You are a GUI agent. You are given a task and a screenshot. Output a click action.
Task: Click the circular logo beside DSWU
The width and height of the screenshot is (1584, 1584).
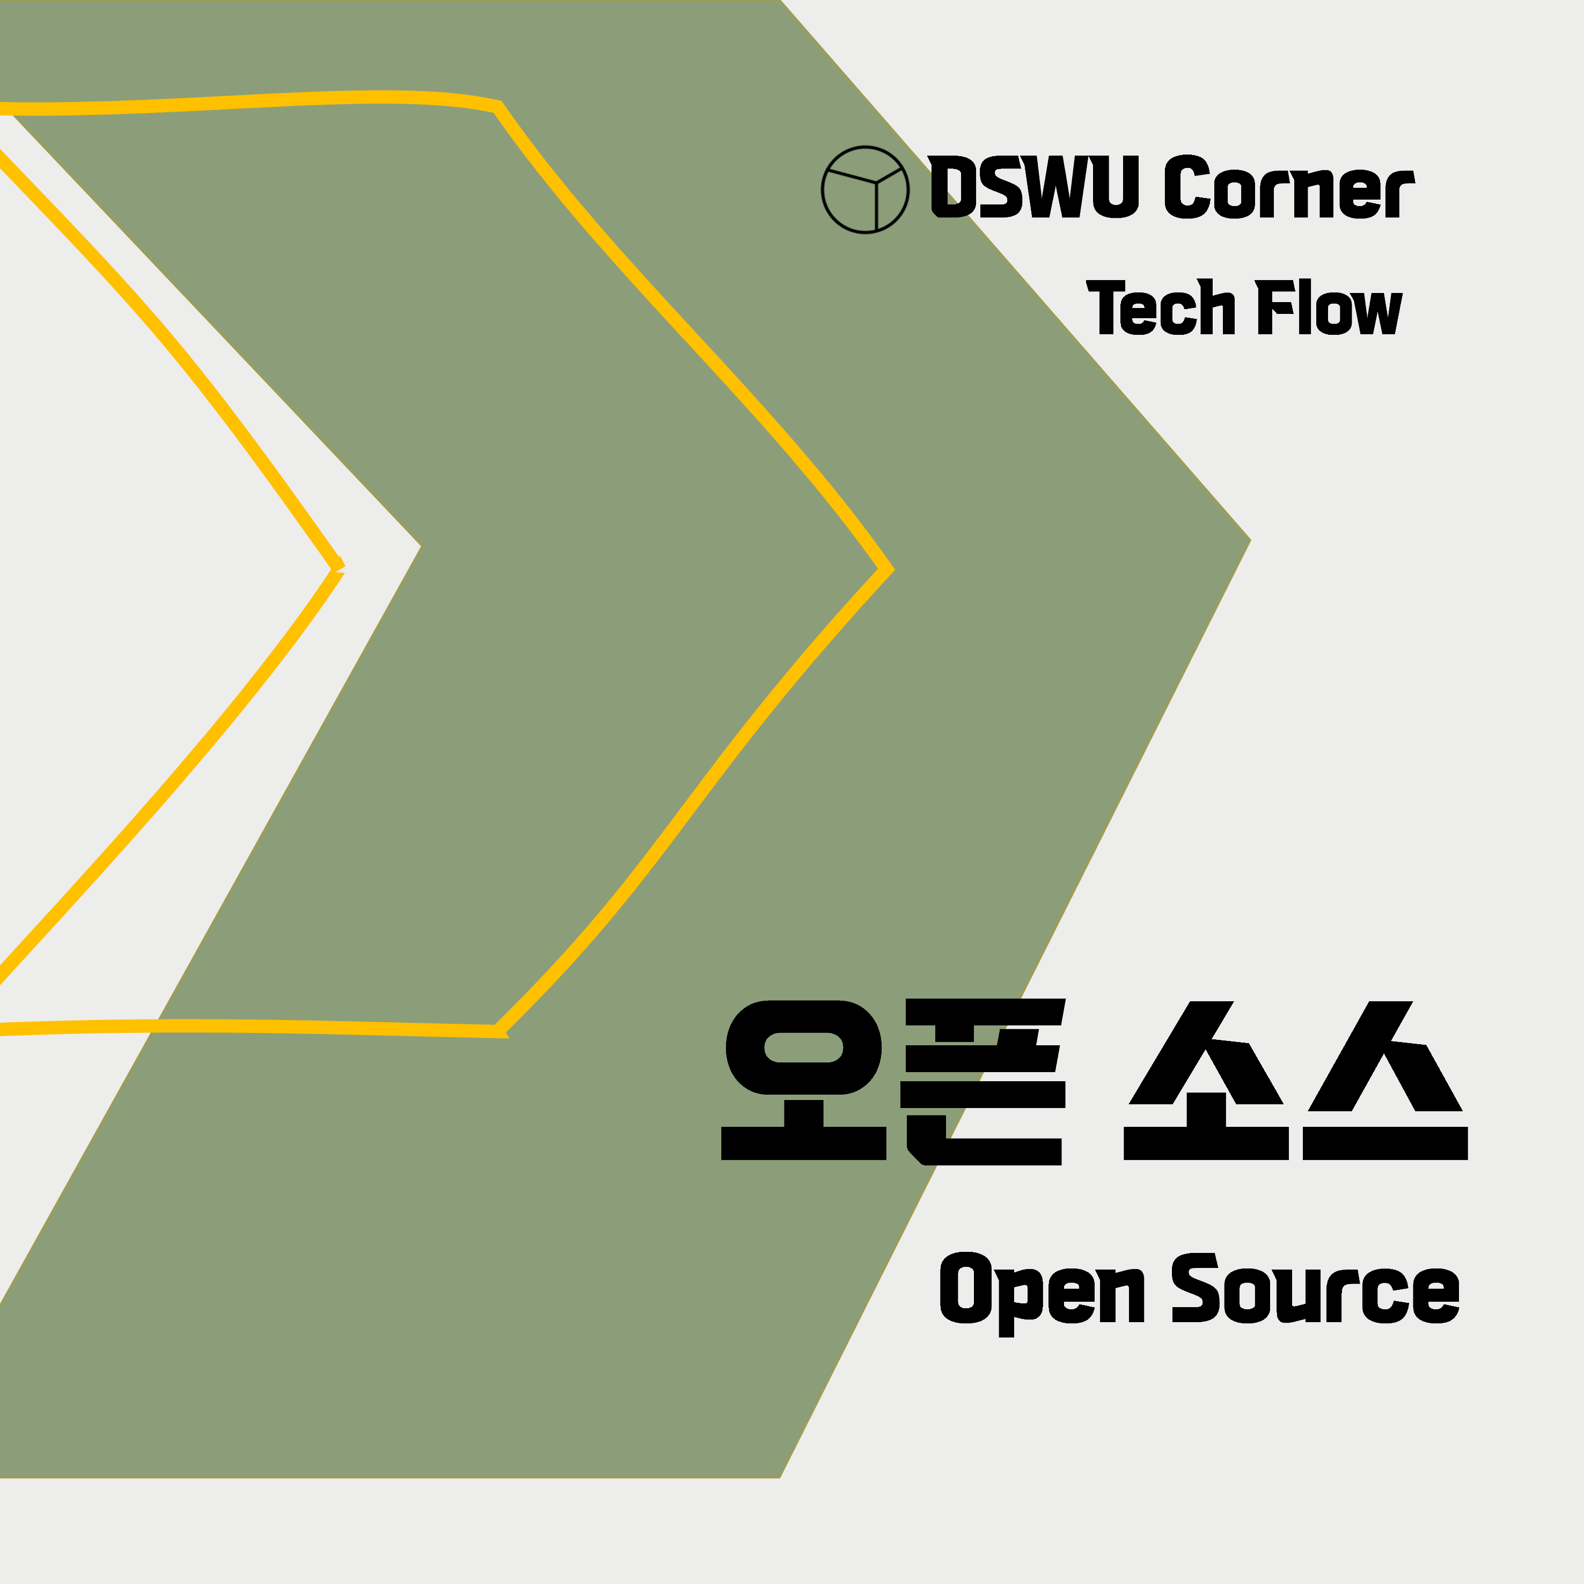pos(865,189)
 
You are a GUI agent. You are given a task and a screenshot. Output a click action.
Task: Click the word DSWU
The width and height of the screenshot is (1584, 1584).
pos(1034,187)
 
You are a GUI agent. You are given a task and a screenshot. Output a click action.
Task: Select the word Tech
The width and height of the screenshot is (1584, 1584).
pos(1161,307)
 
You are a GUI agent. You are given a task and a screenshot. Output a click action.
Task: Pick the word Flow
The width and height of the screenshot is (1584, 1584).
pos(1328,307)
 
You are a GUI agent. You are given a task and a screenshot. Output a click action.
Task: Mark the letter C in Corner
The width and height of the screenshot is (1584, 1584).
pos(1186,187)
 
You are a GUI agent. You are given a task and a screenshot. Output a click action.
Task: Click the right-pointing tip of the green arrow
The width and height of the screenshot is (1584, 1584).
pos(1248,540)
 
